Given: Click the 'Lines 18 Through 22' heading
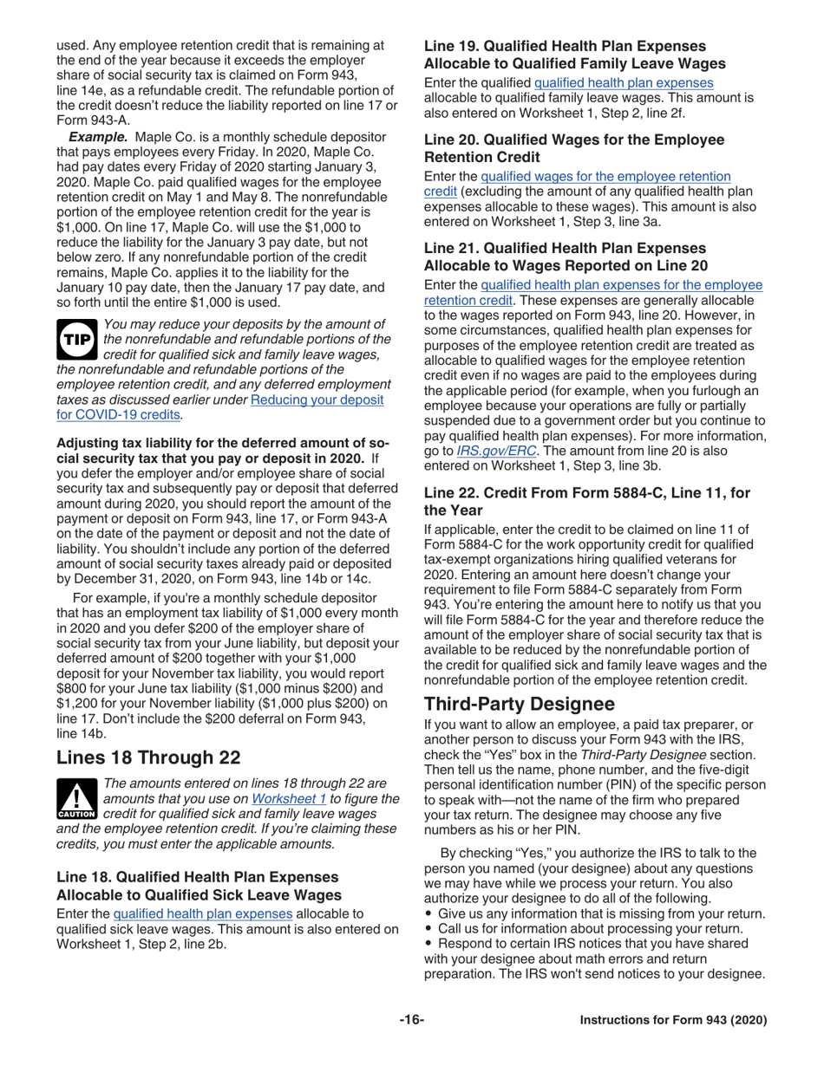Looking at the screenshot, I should (147, 757).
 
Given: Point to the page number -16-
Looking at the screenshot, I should (411, 1020).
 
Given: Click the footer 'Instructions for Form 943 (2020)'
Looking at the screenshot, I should (673, 1021).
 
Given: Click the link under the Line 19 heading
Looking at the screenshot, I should (624, 82).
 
